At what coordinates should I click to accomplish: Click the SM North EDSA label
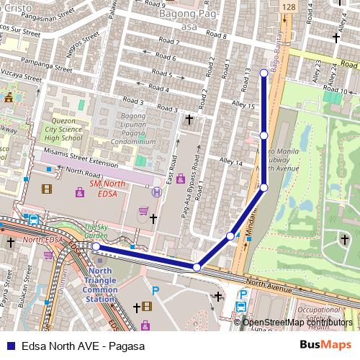pos(108,189)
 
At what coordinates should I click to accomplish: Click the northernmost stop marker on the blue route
pos(264,73)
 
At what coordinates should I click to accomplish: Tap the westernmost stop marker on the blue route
pos(95,247)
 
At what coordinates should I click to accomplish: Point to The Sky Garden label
pos(96,230)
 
